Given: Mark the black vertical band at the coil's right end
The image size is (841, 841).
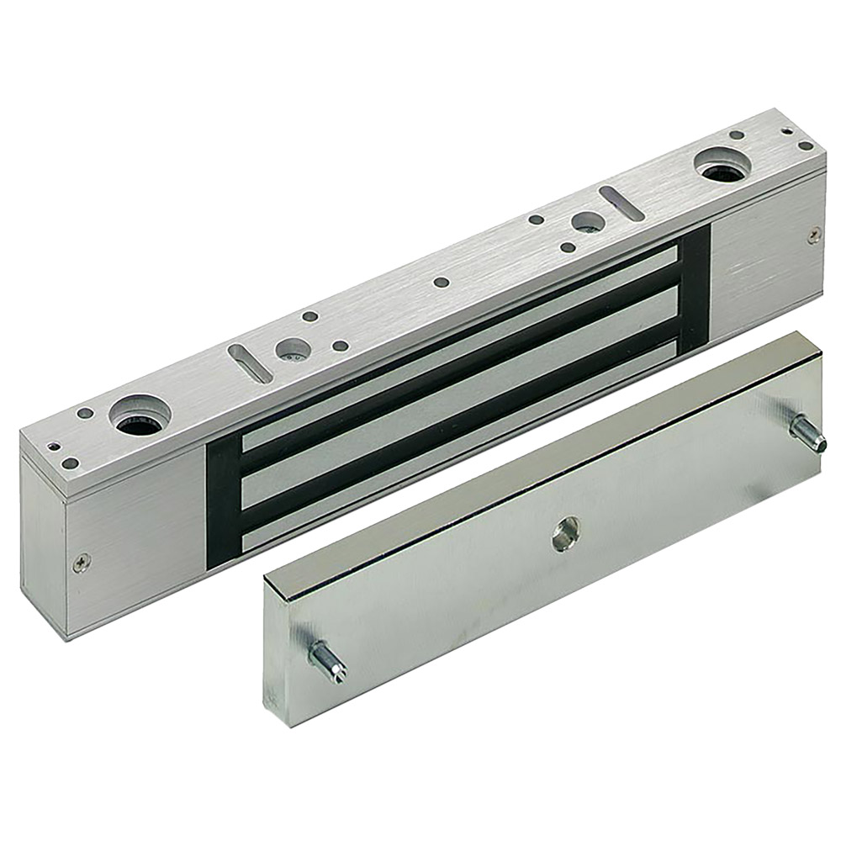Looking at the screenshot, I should (x=695, y=278).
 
